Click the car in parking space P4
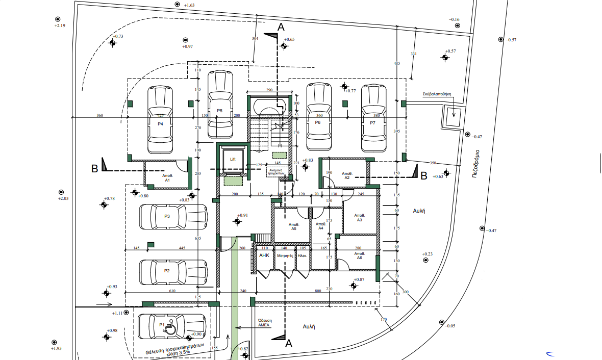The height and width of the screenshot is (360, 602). click(x=160, y=120)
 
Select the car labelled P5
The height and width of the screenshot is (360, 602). click(x=220, y=104)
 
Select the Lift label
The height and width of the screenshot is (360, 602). click(x=233, y=159)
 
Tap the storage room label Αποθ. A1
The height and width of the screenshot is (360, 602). click(x=167, y=177)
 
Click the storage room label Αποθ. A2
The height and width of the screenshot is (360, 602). click(x=347, y=175)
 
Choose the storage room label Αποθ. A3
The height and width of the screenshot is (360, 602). click(x=359, y=218)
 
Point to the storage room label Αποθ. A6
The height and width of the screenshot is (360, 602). click(x=359, y=255)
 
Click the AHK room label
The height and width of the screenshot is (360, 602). click(x=264, y=255)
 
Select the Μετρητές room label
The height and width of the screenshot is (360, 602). click(x=285, y=255)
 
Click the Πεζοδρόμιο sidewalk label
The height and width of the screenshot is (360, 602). click(x=475, y=163)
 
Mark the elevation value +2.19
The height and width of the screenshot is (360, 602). click(x=60, y=25)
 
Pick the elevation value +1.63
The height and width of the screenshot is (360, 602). click(x=188, y=5)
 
